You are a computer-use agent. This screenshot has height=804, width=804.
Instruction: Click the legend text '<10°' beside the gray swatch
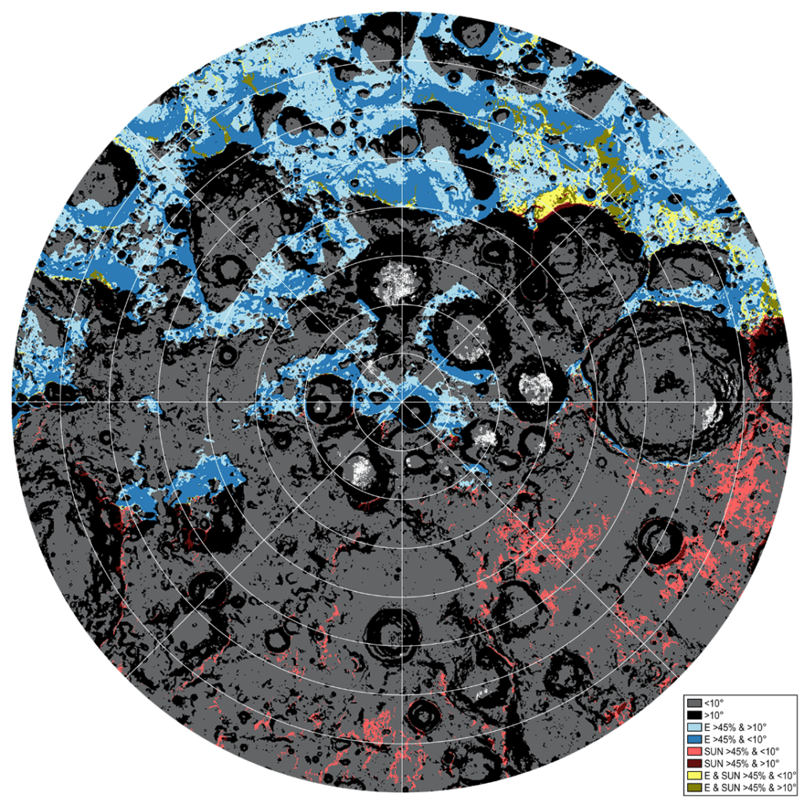[x=714, y=701]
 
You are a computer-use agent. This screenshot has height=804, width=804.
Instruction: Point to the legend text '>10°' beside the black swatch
[x=714, y=715]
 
